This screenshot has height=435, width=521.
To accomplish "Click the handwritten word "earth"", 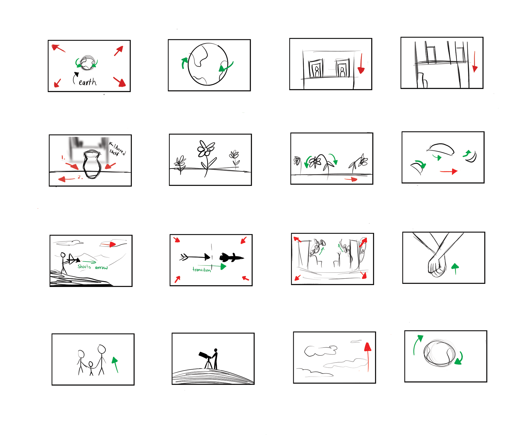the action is point(88,82).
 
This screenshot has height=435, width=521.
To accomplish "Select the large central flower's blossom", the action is point(206,148).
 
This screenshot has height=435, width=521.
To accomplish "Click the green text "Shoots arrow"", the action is point(93,267).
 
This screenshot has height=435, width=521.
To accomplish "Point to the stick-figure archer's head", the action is point(63,255).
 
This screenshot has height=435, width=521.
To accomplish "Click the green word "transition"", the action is point(202,269).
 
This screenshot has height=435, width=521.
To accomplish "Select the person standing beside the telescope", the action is point(215,359).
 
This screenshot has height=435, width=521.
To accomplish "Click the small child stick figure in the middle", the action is point(91,368).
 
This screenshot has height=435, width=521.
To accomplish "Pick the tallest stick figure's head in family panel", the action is point(102,349).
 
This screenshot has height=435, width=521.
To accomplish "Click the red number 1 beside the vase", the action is point(63,157).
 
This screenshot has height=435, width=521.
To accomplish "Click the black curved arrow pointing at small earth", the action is point(75,78).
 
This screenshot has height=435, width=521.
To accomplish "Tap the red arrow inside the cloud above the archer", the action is point(108,244).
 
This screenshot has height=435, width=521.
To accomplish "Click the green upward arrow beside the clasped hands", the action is point(455,269).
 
